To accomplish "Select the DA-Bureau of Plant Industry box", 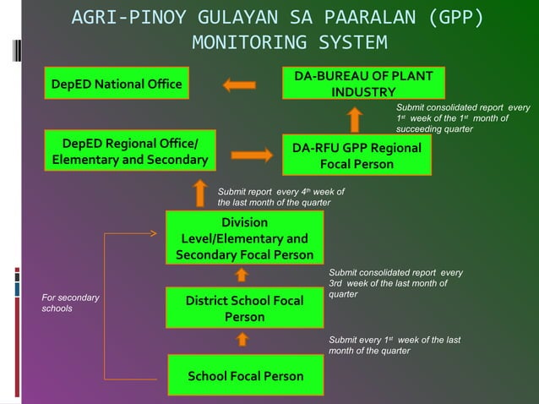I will click(x=363, y=84).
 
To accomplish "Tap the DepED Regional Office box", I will click(x=131, y=150).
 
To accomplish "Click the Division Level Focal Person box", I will click(x=245, y=238).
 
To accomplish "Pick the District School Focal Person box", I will click(x=245, y=308).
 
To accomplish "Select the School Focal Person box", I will click(x=245, y=375).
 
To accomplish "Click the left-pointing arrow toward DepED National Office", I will click(x=239, y=85).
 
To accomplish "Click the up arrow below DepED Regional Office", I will click(x=200, y=193).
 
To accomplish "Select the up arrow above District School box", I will click(x=242, y=274).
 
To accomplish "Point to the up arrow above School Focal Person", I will click(x=242, y=340).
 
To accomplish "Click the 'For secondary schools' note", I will click(x=71, y=303).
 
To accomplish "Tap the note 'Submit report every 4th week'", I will click(x=280, y=197).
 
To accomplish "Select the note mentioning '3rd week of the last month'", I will click(x=395, y=283).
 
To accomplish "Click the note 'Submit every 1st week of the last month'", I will click(x=394, y=345).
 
